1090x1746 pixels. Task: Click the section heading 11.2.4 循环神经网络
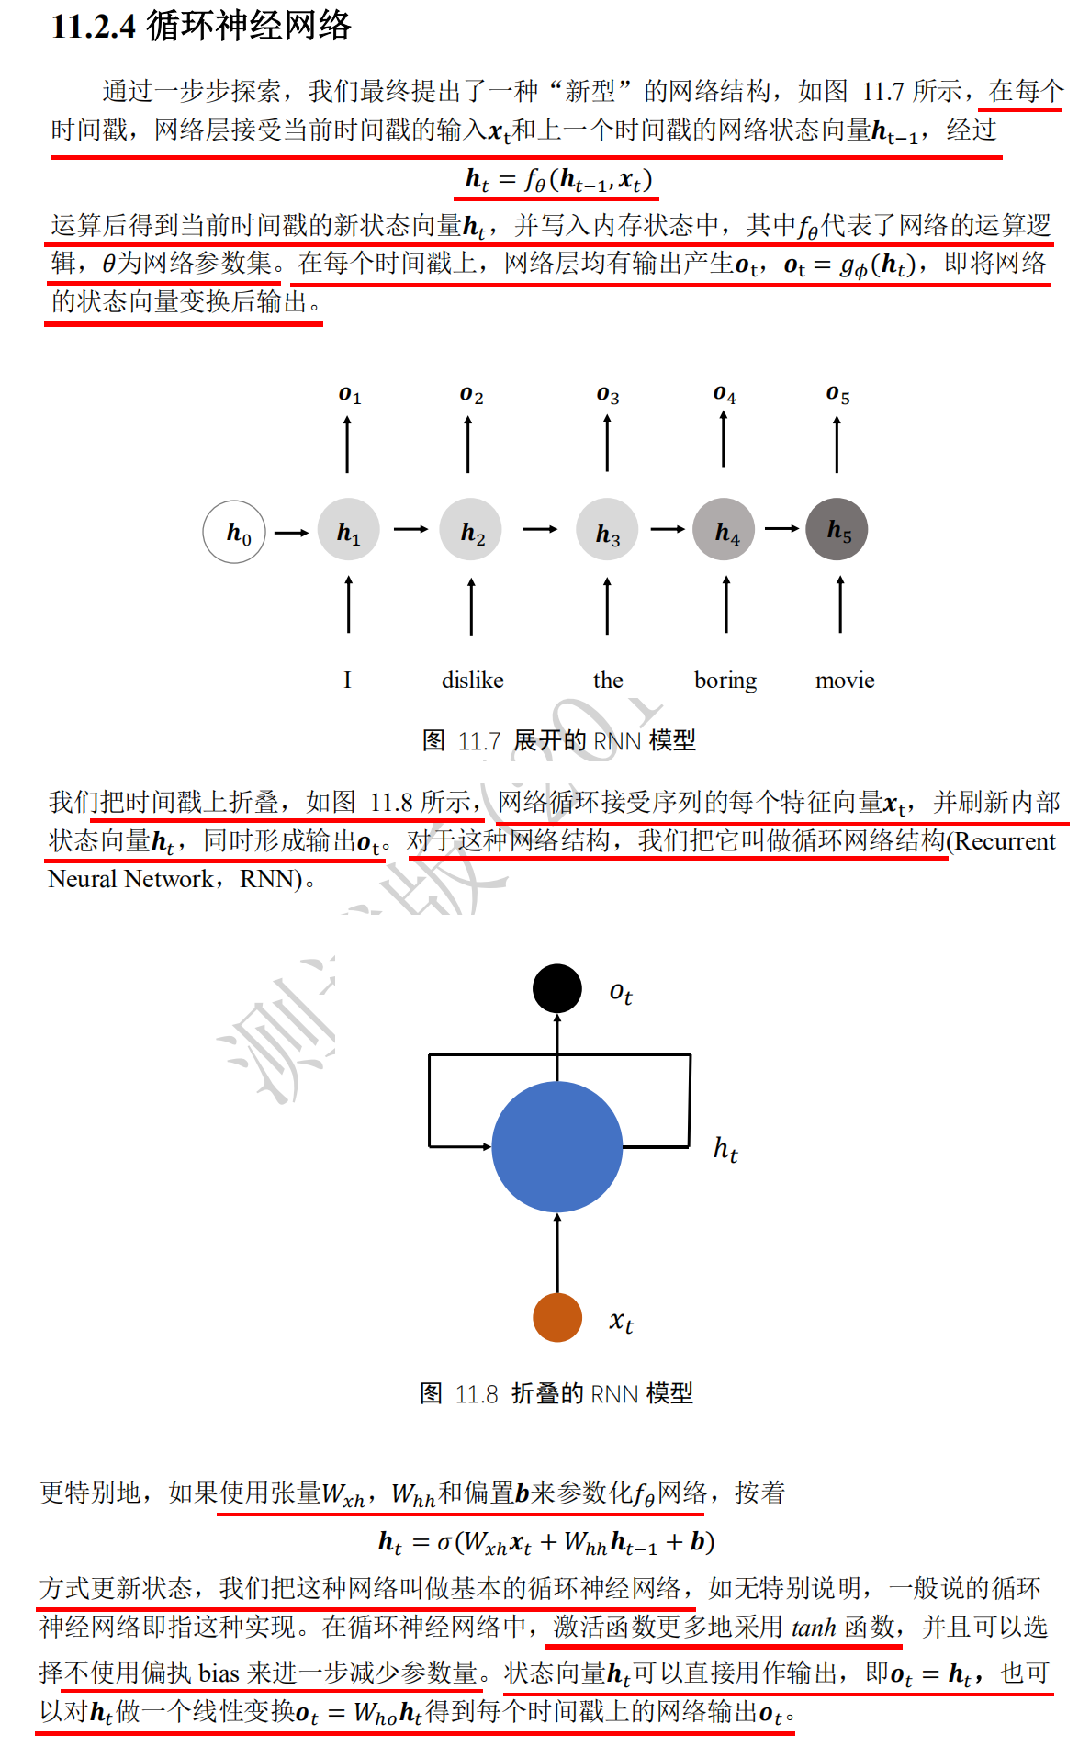[x=201, y=26]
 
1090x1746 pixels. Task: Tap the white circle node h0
[x=234, y=531]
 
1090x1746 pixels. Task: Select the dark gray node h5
[x=837, y=529]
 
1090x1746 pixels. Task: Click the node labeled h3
[x=607, y=530]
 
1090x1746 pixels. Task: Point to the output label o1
[x=350, y=395]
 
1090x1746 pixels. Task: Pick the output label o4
[x=725, y=394]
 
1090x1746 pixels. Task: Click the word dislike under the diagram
[x=472, y=681]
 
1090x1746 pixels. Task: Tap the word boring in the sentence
[x=725, y=681]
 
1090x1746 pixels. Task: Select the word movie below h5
[x=845, y=681]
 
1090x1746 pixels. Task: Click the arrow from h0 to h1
[x=291, y=532]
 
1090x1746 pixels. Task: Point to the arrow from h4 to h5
[x=781, y=528]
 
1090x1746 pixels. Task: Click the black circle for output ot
[x=557, y=988]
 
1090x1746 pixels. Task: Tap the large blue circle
[x=557, y=1146]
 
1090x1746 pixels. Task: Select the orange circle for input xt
[x=557, y=1317]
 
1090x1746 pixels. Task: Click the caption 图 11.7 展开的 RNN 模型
[x=558, y=740]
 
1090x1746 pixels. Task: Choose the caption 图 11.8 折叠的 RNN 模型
[x=556, y=1393]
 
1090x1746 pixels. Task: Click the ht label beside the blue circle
[x=725, y=1149]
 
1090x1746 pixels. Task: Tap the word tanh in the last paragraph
[x=814, y=1628]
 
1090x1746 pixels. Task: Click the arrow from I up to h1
[x=349, y=604]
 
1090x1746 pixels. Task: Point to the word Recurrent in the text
[x=1005, y=841]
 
